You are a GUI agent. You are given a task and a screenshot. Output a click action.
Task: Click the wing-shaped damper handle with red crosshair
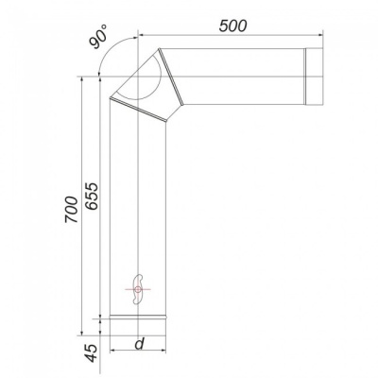[x=138, y=288]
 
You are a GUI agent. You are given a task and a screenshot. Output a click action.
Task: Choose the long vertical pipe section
[x=138, y=208]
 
